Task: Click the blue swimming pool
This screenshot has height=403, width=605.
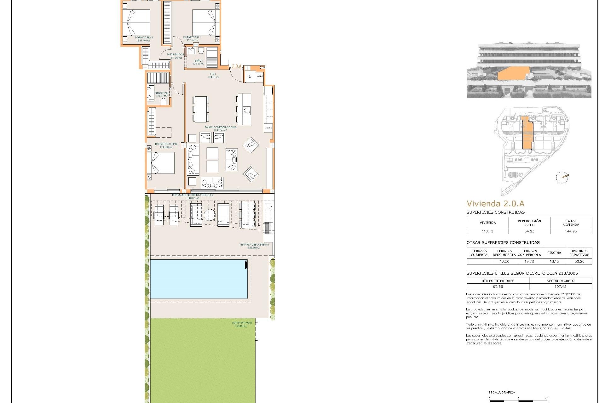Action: pyautogui.click(x=199, y=279)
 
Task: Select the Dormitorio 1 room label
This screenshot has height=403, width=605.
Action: pyautogui.click(x=192, y=39)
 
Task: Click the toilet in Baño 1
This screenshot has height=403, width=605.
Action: pyautogui.click(x=201, y=51)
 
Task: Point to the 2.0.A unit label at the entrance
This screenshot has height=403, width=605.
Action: pyautogui.click(x=236, y=66)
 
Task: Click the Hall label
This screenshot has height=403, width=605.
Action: pyautogui.click(x=213, y=76)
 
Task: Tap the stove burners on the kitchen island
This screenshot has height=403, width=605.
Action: pyautogui.click(x=246, y=111)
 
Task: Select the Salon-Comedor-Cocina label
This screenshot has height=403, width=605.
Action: pyautogui.click(x=220, y=128)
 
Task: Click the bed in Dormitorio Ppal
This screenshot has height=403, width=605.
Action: pyautogui.click(x=161, y=163)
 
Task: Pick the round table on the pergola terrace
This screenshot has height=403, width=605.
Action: pyautogui.click(x=209, y=215)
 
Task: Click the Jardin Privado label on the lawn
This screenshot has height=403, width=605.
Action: pyautogui.click(x=242, y=324)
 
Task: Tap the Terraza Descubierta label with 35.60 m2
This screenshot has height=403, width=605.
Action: pyautogui.click(x=254, y=246)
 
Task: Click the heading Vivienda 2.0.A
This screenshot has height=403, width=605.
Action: pyautogui.click(x=495, y=203)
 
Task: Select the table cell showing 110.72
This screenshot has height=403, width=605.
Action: pyautogui.click(x=487, y=231)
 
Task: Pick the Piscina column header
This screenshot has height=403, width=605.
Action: pyautogui.click(x=554, y=253)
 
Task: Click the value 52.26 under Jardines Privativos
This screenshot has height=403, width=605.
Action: pyautogui.click(x=579, y=261)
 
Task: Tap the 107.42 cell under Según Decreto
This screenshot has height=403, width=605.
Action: pyautogui.click(x=560, y=287)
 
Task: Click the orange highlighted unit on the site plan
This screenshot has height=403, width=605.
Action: pyautogui.click(x=527, y=137)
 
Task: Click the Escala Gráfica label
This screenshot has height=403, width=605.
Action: pyautogui.click(x=502, y=392)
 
